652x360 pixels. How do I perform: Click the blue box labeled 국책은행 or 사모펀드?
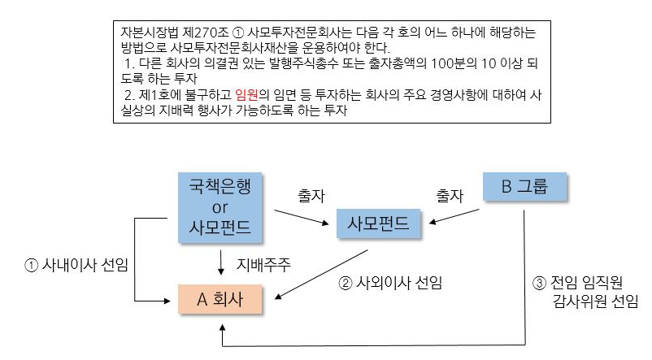coord(220,207)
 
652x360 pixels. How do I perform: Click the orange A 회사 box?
coord(221,299)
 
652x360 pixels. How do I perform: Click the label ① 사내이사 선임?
coord(78,265)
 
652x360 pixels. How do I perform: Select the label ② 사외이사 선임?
coord(395,284)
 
